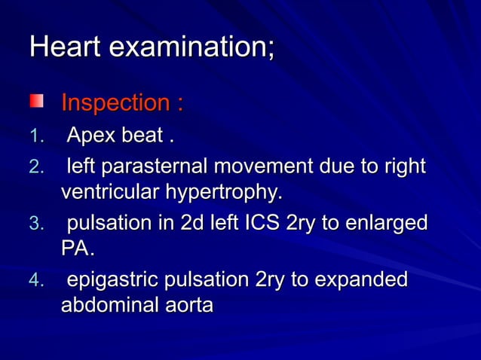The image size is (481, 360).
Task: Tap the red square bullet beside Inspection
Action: tap(37, 101)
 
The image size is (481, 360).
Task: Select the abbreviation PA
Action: tap(76, 249)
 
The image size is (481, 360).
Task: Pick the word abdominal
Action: tap(109, 307)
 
